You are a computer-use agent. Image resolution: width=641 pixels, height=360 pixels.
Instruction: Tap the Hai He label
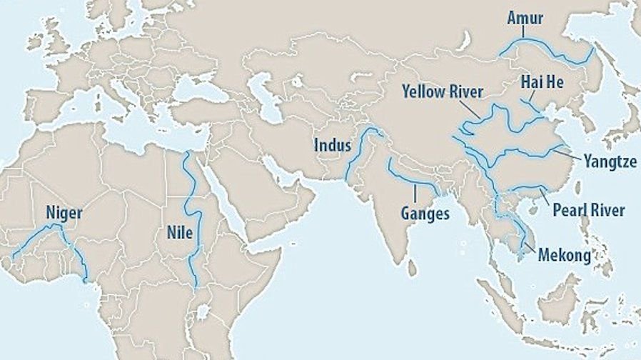point(542,82)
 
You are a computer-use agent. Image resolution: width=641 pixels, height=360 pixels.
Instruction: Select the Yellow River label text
point(442,91)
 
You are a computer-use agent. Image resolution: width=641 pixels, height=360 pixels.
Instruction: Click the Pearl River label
point(589,210)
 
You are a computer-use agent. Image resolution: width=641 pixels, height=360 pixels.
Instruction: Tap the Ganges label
point(425,213)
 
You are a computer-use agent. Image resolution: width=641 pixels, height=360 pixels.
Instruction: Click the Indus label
point(333,146)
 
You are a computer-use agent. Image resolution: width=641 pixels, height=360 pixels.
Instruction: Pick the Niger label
point(64,212)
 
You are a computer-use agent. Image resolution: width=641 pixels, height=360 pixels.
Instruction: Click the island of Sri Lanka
point(412,267)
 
